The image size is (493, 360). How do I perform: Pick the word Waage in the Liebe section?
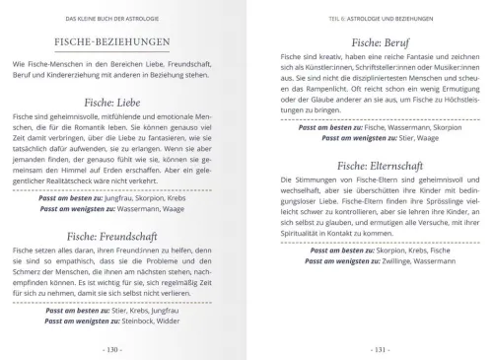click(173, 209)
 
